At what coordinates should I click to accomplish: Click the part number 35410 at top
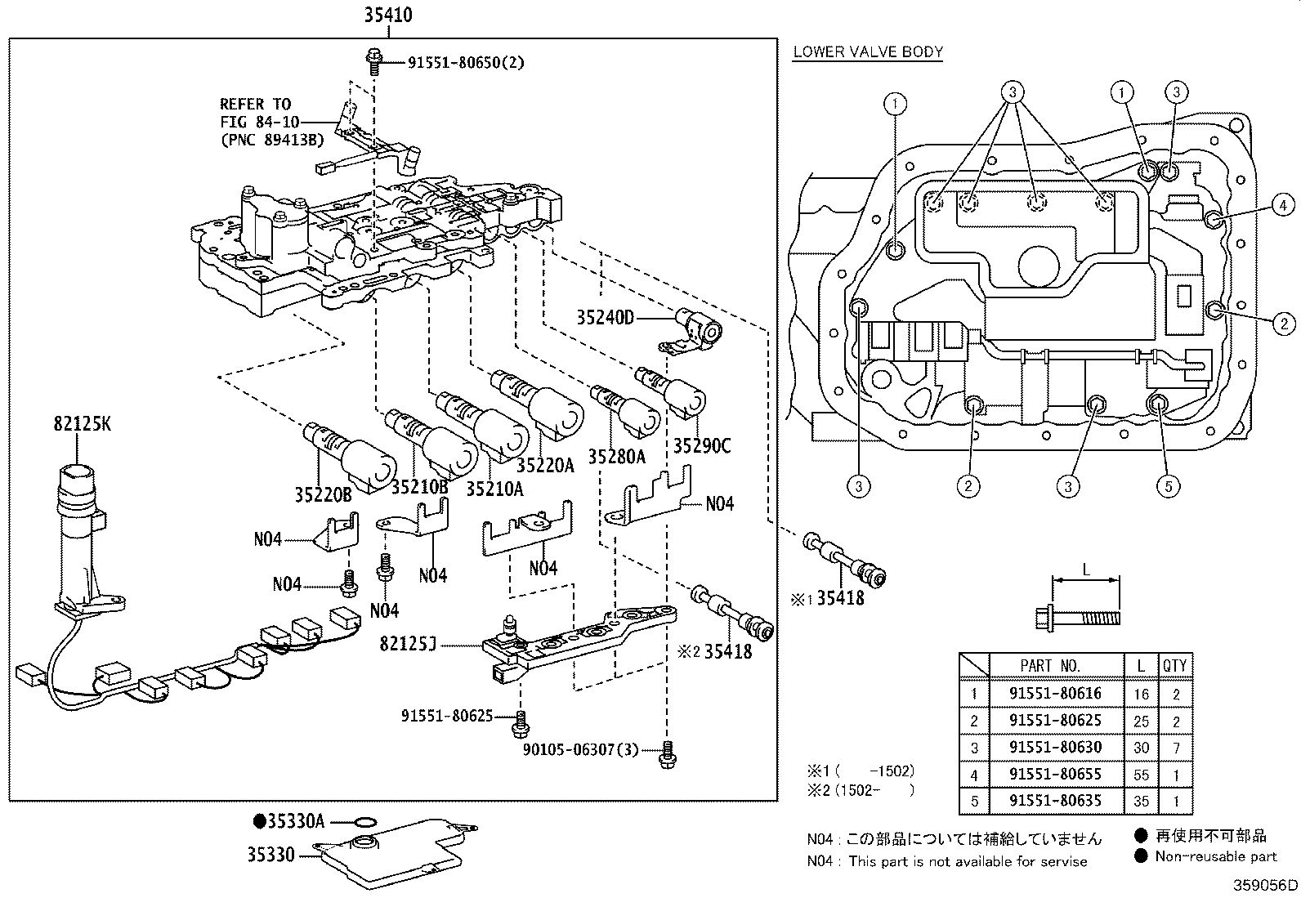pyautogui.click(x=388, y=15)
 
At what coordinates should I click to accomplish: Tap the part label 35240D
pyautogui.click(x=605, y=319)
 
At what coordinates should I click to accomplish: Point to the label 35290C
pyautogui.click(x=701, y=446)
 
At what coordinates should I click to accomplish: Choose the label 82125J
pyautogui.click(x=408, y=645)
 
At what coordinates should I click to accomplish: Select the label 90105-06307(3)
pyautogui.click(x=580, y=748)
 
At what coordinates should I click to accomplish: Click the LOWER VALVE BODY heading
pyautogui.click(x=868, y=52)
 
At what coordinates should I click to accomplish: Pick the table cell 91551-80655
pyautogui.click(x=1055, y=774)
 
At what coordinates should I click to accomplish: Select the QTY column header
pyautogui.click(x=1174, y=666)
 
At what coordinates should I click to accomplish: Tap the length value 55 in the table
pyautogui.click(x=1141, y=775)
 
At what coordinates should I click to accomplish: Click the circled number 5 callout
pyautogui.click(x=1168, y=486)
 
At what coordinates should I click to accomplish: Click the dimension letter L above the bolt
pyautogui.click(x=1086, y=570)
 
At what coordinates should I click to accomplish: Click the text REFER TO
pyautogui.click(x=255, y=105)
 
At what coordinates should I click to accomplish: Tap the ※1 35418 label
pyautogui.click(x=826, y=599)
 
